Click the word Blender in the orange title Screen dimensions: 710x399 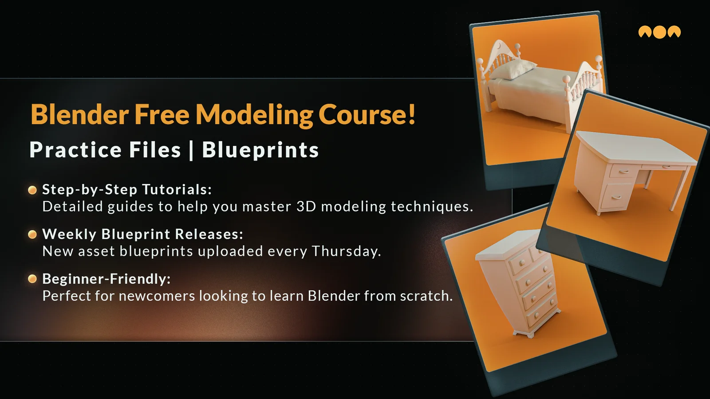point(79,114)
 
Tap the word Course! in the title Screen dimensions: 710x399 point(367,114)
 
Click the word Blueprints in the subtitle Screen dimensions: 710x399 point(260,150)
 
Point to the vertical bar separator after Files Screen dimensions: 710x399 point(191,150)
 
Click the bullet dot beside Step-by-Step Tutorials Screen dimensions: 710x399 point(32,190)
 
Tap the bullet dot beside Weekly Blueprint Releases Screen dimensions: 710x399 point(32,235)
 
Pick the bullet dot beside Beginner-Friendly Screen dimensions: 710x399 point(32,279)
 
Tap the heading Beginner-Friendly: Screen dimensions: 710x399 point(106,279)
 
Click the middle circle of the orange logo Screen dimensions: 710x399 point(659,32)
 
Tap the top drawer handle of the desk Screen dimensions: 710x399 point(623,172)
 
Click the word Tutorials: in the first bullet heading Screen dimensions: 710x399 point(177,189)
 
